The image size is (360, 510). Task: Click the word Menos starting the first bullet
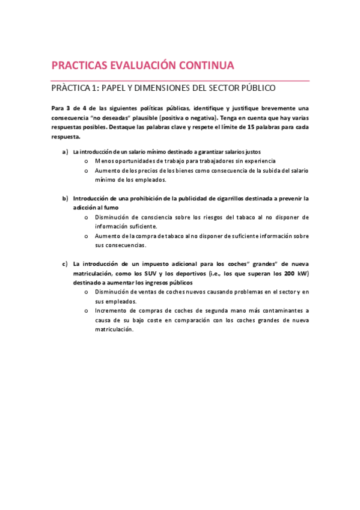(x=105, y=161)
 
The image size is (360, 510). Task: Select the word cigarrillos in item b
(x=225, y=198)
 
